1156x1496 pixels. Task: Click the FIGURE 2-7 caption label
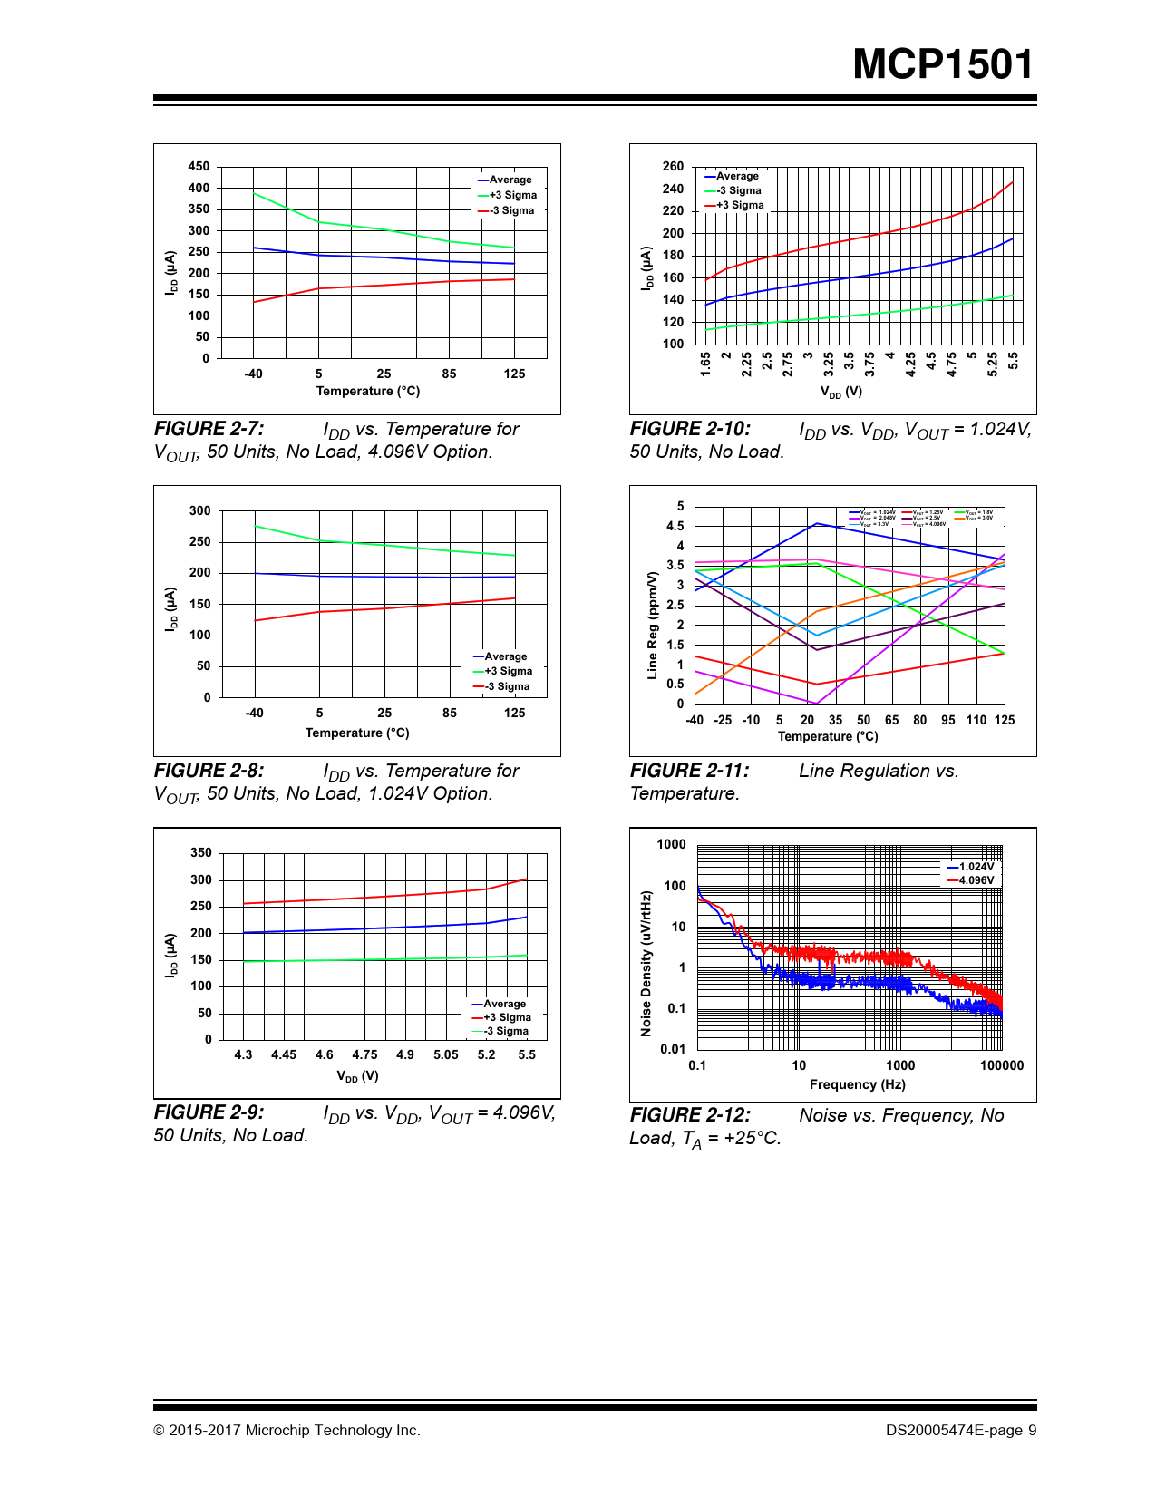pos(209,429)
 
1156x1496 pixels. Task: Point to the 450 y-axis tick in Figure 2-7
pos(199,167)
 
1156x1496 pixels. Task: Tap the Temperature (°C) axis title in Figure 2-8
pos(357,733)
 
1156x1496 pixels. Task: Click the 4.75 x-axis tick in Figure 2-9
pos(364,1054)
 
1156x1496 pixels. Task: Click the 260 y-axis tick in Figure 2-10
pos(674,167)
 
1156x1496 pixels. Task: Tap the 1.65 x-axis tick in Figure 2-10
pos(706,364)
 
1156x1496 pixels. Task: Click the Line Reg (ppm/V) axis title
pos(652,626)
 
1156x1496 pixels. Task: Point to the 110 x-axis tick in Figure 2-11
pos(976,720)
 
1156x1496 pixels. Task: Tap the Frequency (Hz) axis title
pos(858,1084)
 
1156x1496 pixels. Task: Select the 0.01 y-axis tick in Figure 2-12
pos(673,1049)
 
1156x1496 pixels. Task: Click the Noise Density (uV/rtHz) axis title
pos(646,964)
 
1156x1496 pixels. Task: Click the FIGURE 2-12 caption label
pos(690,1115)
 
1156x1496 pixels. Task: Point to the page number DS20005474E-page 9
pos(961,1431)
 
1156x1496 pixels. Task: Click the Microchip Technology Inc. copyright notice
pos(287,1431)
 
